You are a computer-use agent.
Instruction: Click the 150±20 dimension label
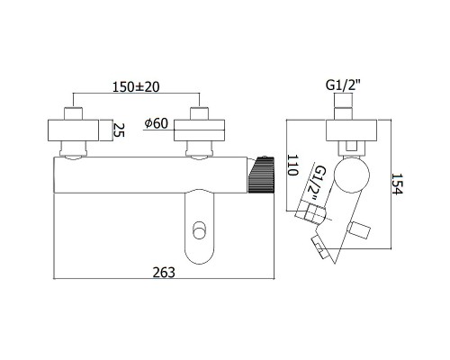pyautogui.click(x=136, y=87)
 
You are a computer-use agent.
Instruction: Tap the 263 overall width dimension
pyautogui.click(x=164, y=273)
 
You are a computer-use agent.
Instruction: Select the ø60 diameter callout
pyautogui.click(x=156, y=123)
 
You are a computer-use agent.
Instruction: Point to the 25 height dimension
pyautogui.click(x=119, y=129)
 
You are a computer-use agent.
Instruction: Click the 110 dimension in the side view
pyautogui.click(x=292, y=166)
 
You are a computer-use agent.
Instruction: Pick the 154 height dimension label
pyautogui.click(x=397, y=184)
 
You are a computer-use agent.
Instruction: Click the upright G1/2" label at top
pyautogui.click(x=343, y=85)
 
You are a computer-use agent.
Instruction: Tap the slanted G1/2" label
pyautogui.click(x=316, y=182)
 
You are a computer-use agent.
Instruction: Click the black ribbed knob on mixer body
pyautogui.click(x=261, y=174)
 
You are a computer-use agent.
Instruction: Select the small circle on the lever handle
pyautogui.click(x=200, y=230)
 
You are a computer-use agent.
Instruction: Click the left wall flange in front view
pyautogui.click(x=73, y=130)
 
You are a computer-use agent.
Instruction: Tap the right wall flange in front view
pyautogui.click(x=199, y=130)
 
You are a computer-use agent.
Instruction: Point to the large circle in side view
pyautogui.click(x=352, y=175)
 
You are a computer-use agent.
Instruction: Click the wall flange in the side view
pyautogui.click(x=351, y=130)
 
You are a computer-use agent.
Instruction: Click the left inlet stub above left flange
pyautogui.click(x=73, y=113)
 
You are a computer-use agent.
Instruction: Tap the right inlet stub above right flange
pyautogui.click(x=200, y=113)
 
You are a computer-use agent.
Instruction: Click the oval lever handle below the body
pyautogui.click(x=200, y=227)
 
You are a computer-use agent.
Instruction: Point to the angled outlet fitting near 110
pyautogui.click(x=310, y=212)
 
